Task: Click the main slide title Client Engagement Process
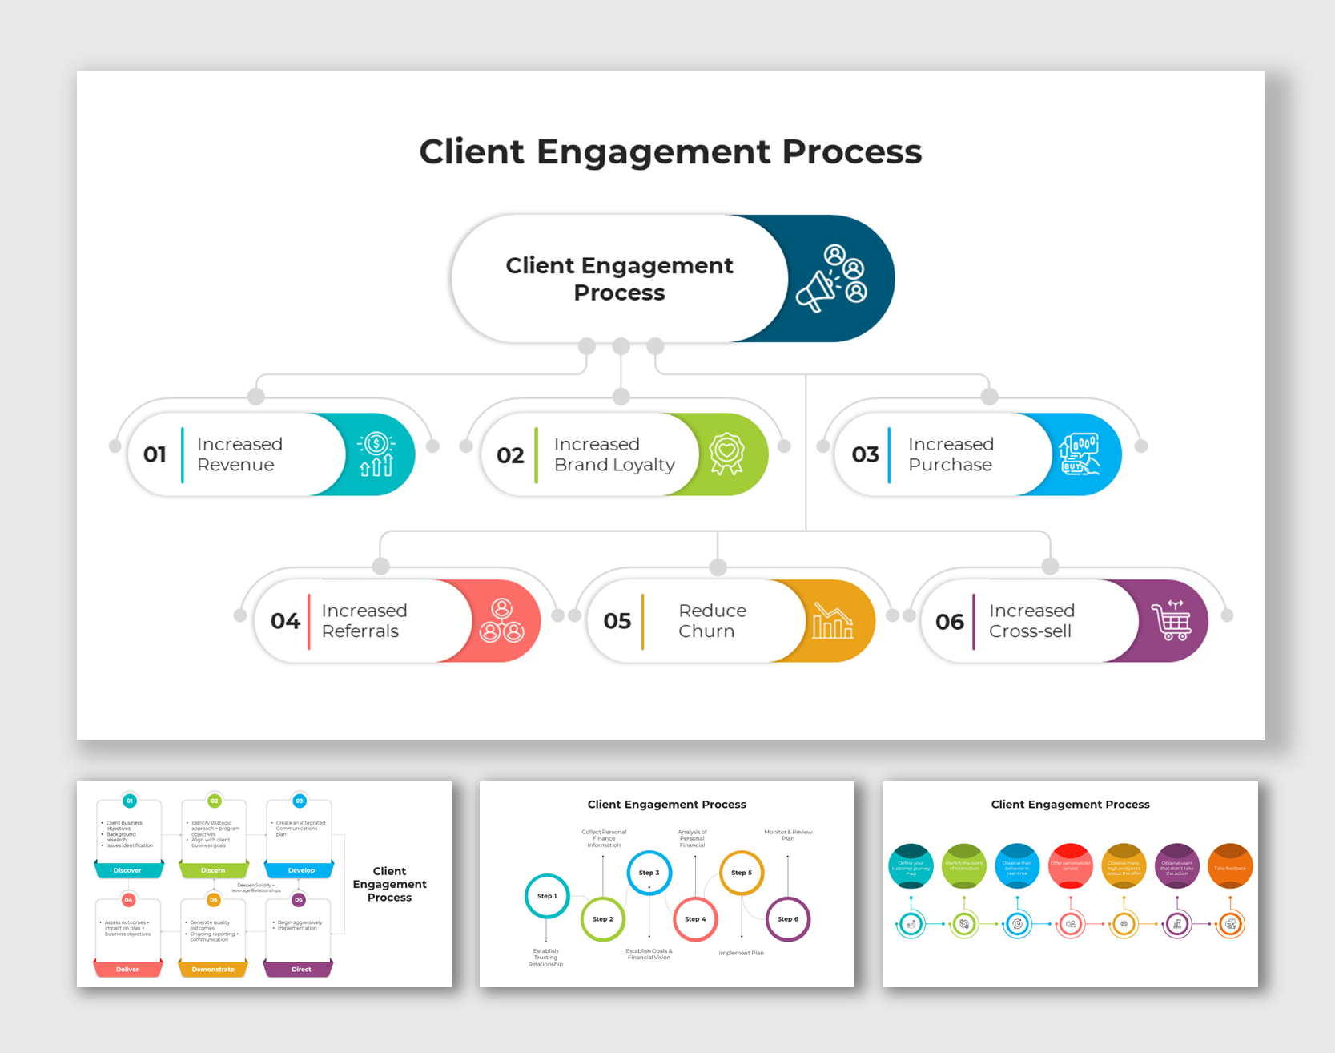coord(670,151)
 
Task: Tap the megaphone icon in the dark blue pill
coord(831,279)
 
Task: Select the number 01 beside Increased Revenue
coord(155,454)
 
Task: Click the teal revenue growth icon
coord(376,454)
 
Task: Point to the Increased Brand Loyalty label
coord(613,454)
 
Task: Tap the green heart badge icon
coord(726,454)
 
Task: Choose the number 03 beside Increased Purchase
coord(865,454)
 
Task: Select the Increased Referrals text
coord(364,621)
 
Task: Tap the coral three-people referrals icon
coord(501,621)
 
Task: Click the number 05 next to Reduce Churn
coord(617,621)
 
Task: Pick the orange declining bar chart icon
coord(832,621)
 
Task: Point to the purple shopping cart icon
coord(1171,621)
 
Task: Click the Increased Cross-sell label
coord(1031,621)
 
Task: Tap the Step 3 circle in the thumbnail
coord(649,873)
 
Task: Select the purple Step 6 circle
coord(788,919)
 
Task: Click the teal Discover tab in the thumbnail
coord(128,869)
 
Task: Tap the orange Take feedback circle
coord(1229,866)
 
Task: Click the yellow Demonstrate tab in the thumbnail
coord(213,969)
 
